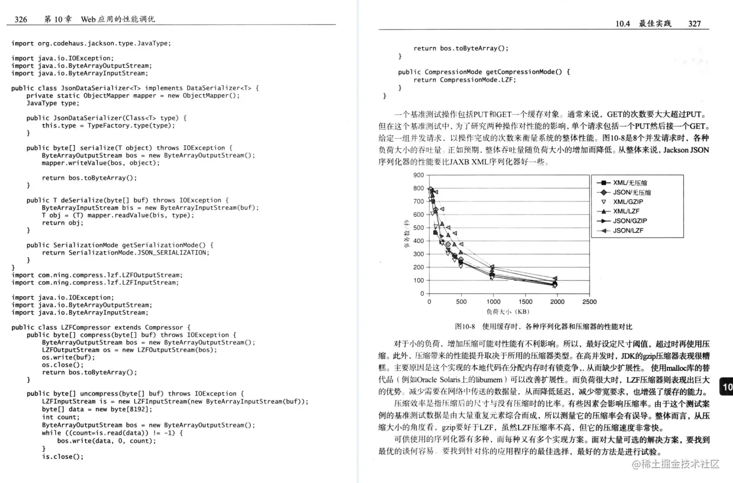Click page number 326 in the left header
pos(21,19)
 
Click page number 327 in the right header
pos(694,24)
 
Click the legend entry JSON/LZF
pos(628,231)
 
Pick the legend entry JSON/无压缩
pos(632,192)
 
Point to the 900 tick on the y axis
pos(418,175)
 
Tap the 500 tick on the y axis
pos(418,228)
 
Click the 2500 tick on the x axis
pos(589,302)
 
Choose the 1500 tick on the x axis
pos(525,302)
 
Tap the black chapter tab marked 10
pos(726,388)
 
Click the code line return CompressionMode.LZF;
pos(464,79)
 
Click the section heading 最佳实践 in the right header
pos(654,24)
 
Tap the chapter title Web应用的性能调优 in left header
pos(118,19)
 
